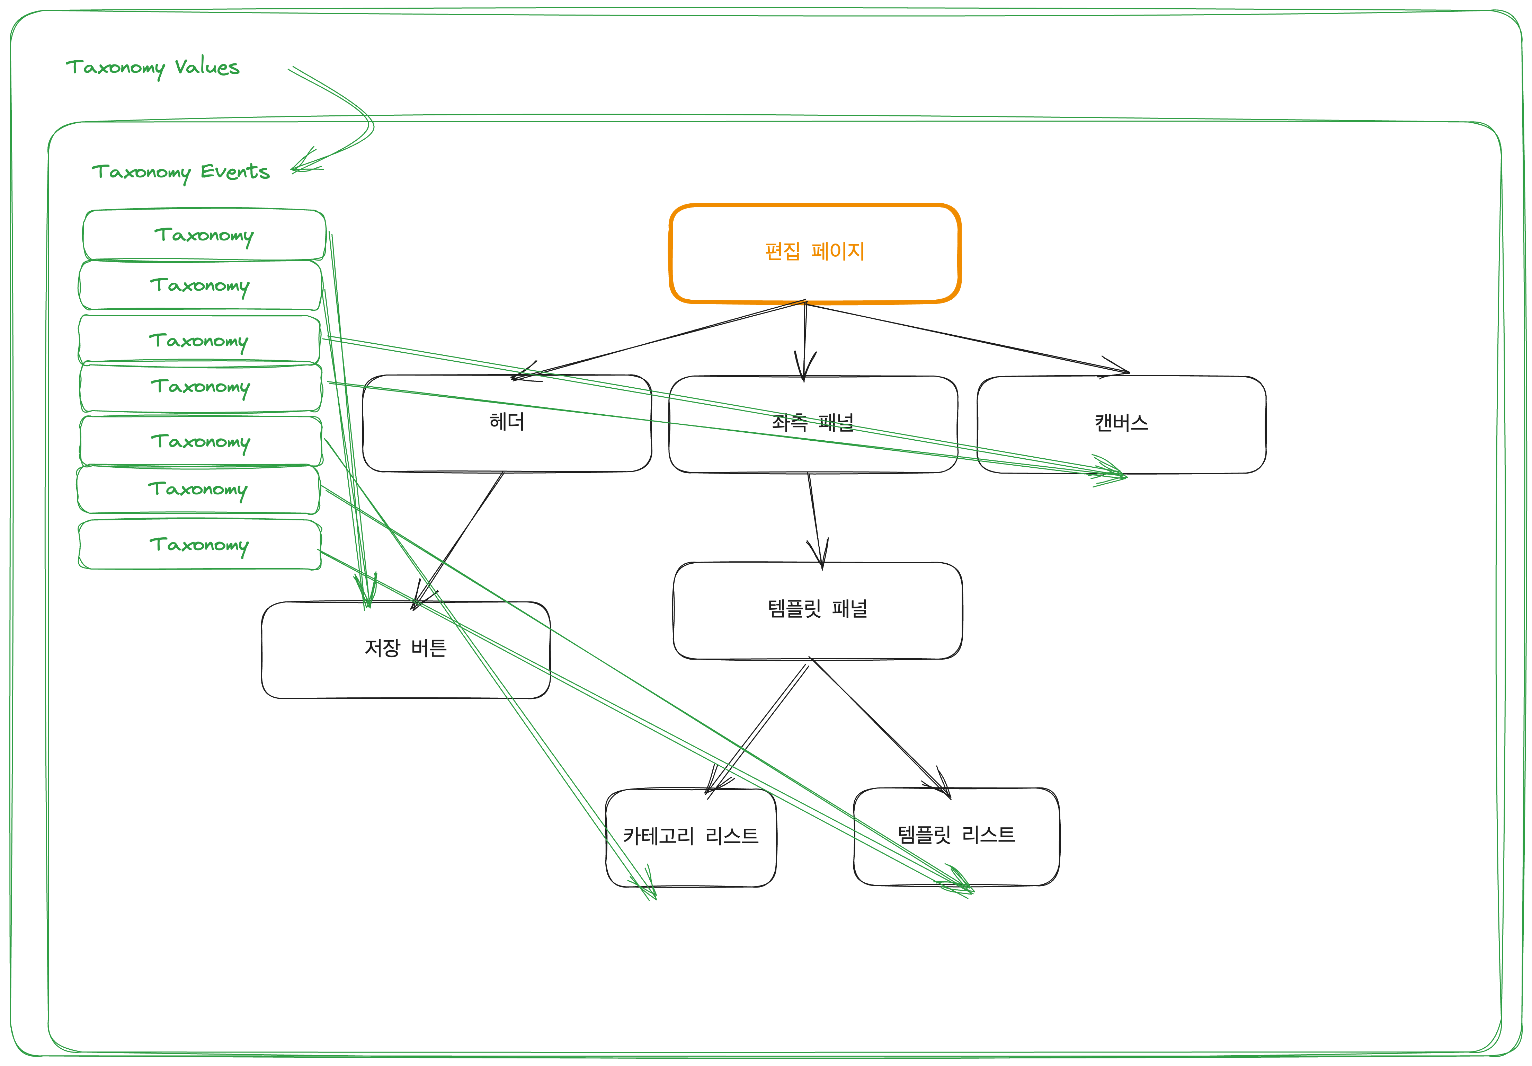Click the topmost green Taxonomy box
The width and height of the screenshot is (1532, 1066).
204,235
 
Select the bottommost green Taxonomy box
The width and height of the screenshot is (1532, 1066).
199,545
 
